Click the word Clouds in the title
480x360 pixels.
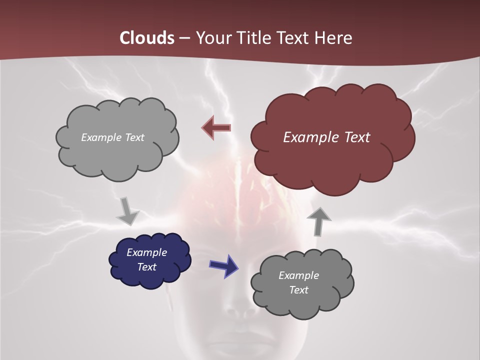[147, 38]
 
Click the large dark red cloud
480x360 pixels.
[332, 160]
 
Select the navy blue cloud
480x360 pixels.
[150, 277]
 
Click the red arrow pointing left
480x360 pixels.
[216, 128]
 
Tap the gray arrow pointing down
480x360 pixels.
[127, 211]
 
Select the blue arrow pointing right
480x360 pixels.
[223, 265]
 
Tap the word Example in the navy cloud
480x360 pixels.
[146, 252]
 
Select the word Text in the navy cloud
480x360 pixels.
[146, 267]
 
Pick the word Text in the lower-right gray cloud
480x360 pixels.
[298, 290]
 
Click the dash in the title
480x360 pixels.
[183, 38]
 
